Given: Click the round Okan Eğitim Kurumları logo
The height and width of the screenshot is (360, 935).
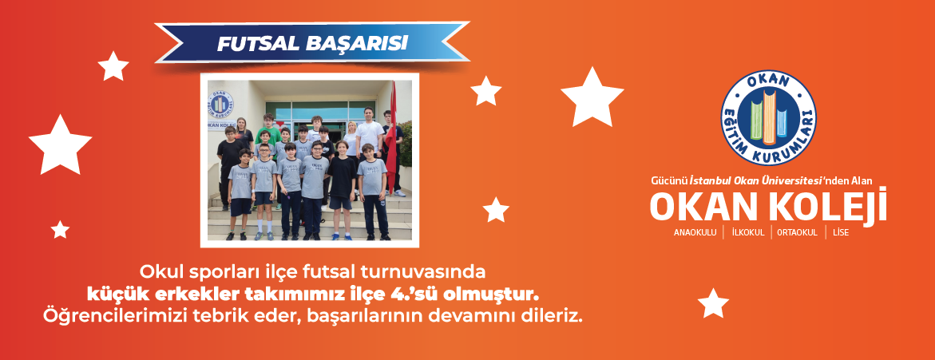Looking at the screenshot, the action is coord(768,117).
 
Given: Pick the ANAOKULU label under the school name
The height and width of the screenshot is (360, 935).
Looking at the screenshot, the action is coord(695,232).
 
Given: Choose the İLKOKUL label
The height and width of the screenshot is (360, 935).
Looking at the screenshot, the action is coord(748,232).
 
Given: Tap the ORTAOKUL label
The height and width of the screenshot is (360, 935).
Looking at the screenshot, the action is coord(797,232).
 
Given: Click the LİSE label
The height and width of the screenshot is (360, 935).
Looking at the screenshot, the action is coord(841,232).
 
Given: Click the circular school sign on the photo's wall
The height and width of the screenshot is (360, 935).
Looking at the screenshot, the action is coord(222,102).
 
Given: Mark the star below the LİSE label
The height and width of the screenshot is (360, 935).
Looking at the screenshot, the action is coord(713,303).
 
